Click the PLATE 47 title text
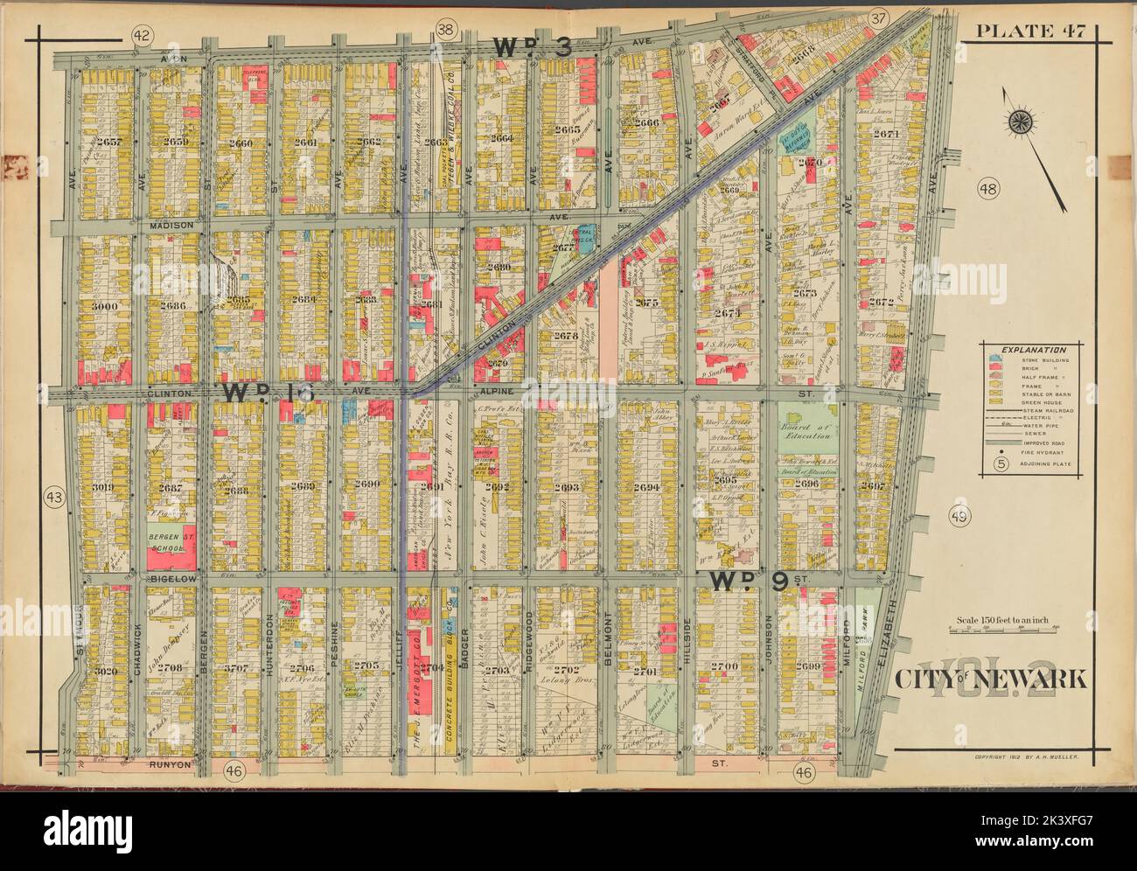pos(1031,32)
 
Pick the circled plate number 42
pos(139,34)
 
